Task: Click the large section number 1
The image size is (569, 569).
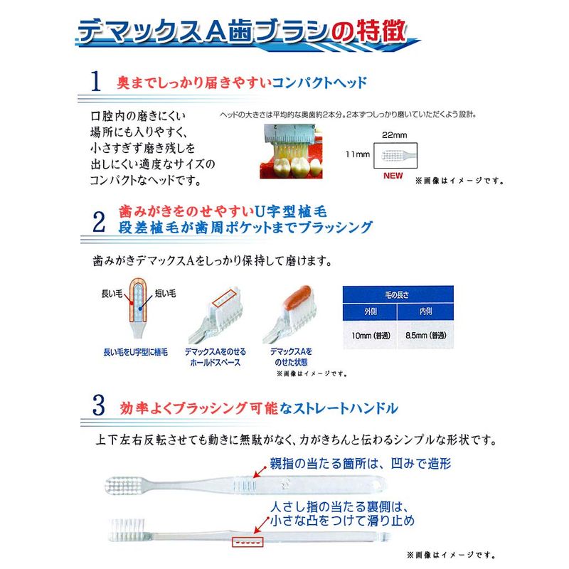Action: pos(95,80)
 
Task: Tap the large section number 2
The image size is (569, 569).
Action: pos(99,222)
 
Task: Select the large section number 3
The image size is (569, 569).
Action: pos(99,405)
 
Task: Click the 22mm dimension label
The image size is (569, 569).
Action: pos(395,135)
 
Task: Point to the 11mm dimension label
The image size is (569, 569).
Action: pos(358,154)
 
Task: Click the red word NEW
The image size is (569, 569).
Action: pos(393,176)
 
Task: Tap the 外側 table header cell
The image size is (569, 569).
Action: pos(370,312)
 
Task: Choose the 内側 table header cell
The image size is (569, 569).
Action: pos(425,312)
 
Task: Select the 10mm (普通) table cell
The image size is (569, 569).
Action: pos(370,335)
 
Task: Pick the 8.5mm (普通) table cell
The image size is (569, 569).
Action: pos(425,335)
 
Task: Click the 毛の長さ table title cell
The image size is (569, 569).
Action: pos(398,294)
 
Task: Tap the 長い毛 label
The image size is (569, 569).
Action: pos(112,294)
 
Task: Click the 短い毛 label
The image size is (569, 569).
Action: pos(166,293)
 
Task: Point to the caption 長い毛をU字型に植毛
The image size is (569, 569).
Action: pos(136,352)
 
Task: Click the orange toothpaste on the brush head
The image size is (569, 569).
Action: pos(297,297)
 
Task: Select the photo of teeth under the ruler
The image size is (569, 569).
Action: pos(291,151)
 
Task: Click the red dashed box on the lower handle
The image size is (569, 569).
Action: pos(248,542)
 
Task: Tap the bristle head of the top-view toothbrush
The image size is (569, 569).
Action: pos(124,486)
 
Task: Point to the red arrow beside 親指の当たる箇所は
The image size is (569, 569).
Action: pos(260,472)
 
